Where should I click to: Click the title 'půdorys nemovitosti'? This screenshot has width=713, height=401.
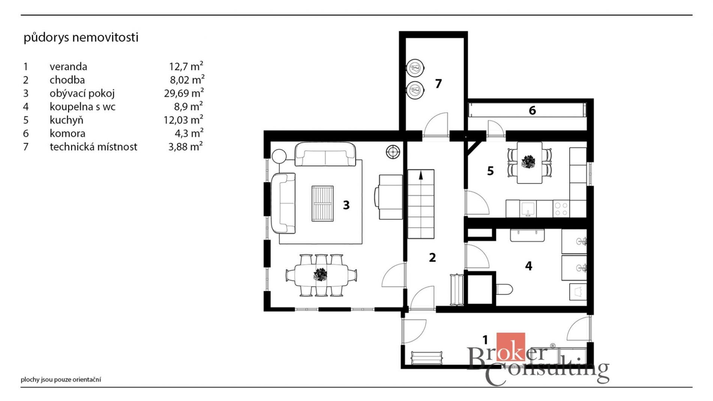click(x=81, y=38)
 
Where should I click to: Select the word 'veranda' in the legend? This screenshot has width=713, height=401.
click(x=68, y=66)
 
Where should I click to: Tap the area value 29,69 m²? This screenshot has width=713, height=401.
click(x=184, y=93)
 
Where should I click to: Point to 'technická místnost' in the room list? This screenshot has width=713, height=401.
click(x=93, y=147)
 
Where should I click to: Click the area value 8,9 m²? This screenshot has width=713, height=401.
click(x=188, y=106)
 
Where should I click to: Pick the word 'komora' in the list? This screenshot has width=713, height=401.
click(x=68, y=133)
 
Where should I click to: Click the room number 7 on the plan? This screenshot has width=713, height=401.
click(x=438, y=83)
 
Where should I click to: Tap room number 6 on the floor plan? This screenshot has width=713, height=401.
click(x=532, y=110)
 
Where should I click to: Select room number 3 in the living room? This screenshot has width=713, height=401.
click(x=346, y=205)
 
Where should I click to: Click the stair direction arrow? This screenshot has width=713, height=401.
click(x=421, y=175)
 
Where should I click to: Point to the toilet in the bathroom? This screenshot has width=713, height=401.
click(x=504, y=289)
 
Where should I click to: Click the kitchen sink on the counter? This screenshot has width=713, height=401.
click(x=528, y=209)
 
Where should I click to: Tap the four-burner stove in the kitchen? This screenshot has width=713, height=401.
click(x=561, y=209)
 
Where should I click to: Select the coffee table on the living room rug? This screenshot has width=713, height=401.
click(x=322, y=204)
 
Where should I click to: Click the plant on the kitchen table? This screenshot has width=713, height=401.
click(x=528, y=162)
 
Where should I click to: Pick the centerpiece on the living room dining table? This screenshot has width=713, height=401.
click(x=320, y=275)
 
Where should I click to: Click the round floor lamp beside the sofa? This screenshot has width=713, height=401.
click(x=279, y=156)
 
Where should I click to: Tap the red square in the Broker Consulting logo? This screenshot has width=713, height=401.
click(x=510, y=347)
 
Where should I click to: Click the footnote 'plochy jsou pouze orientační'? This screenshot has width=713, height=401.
click(x=61, y=380)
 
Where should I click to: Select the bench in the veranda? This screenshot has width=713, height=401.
click(x=426, y=357)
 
